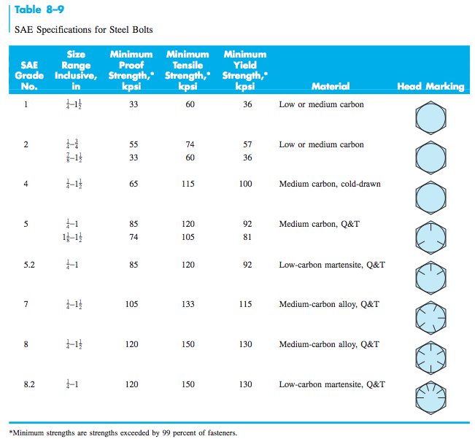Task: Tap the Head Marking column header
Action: pyautogui.click(x=430, y=86)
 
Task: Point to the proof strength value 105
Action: pyautogui.click(x=131, y=304)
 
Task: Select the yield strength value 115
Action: pyautogui.click(x=245, y=304)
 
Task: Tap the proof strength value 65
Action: pyautogui.click(x=133, y=184)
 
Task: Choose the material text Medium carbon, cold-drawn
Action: pyautogui.click(x=330, y=184)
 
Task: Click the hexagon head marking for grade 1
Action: pyautogui.click(x=430, y=117)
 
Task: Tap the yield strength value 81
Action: pyautogui.click(x=247, y=236)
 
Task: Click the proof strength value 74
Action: pyautogui.click(x=133, y=236)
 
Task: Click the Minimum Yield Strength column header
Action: pyautogui.click(x=245, y=70)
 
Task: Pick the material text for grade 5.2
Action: pyautogui.click(x=332, y=265)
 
